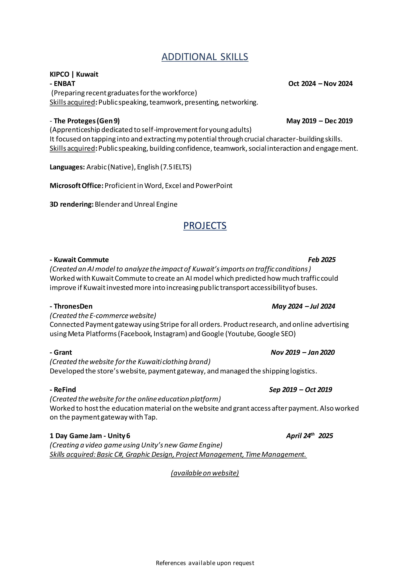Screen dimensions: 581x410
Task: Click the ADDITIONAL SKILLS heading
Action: pyautogui.click(x=205, y=57)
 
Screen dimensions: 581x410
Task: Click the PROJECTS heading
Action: pyautogui.click(x=205, y=226)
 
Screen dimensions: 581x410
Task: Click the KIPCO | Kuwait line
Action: pyautogui.click(x=74, y=74)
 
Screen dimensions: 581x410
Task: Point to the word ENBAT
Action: pyautogui.click(x=65, y=84)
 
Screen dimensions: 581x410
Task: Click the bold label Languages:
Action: pyautogui.click(x=67, y=167)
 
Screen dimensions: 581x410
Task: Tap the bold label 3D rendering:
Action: pyautogui.click(x=72, y=204)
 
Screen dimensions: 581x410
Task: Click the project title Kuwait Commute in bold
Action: pyautogui.click(x=81, y=260)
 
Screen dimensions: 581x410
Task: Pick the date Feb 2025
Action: pyautogui.click(x=322, y=260)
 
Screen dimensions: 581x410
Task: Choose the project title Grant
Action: pyautogui.click(x=63, y=353)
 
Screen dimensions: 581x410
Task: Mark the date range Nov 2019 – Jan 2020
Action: pyautogui.click(x=303, y=353)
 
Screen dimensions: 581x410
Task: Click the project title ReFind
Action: pyautogui.click(x=65, y=390)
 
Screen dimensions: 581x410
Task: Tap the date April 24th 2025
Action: pyautogui.click(x=310, y=436)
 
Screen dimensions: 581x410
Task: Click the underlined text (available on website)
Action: pyautogui.click(x=205, y=473)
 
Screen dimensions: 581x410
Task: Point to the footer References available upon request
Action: pyautogui.click(x=205, y=563)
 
